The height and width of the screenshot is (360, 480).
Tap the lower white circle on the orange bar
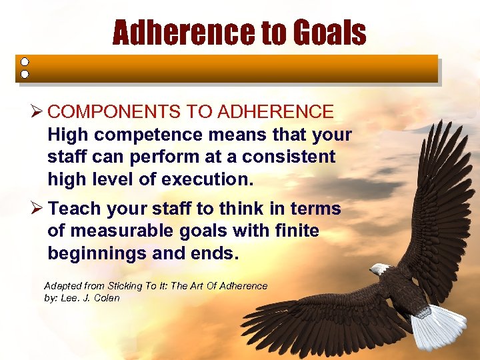(25, 74)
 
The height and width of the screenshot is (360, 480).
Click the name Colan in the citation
(106, 297)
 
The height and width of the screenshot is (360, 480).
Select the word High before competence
(67, 135)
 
